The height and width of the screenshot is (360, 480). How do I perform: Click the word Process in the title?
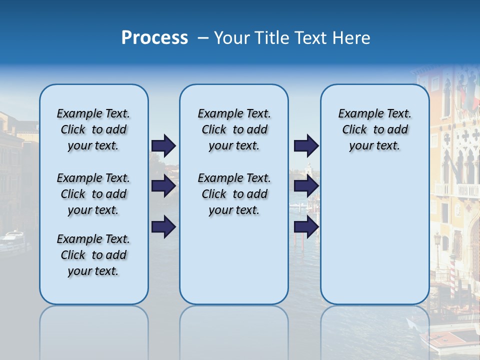[154, 37]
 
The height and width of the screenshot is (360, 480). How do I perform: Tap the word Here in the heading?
[351, 38]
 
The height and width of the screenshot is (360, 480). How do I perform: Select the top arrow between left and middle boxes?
[163, 145]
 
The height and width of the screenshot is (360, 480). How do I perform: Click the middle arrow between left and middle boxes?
[163, 186]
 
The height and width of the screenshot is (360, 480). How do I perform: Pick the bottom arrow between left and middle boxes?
[163, 227]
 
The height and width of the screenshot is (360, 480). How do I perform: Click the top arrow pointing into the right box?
[306, 145]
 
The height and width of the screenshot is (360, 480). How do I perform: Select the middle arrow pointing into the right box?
[306, 186]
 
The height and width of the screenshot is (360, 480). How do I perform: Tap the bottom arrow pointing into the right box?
[306, 227]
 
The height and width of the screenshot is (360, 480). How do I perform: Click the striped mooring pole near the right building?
[453, 277]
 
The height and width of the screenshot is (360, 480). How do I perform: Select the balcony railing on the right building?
[460, 190]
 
